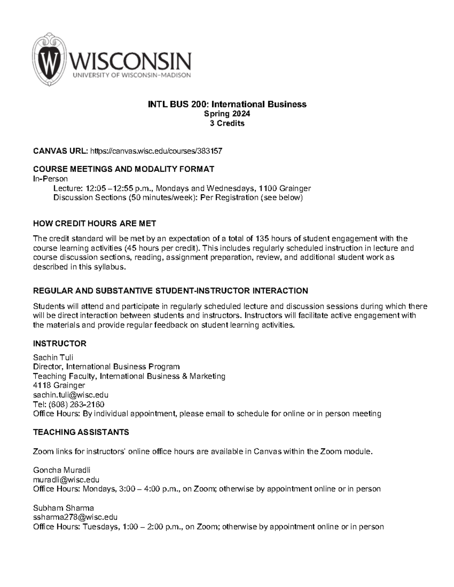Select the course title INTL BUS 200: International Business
click(227, 104)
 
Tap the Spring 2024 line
click(227, 114)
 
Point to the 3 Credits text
click(227, 123)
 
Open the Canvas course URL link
click(156, 151)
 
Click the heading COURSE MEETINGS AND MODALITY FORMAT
click(124, 169)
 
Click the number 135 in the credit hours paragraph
click(262, 239)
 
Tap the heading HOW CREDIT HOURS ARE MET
click(95, 223)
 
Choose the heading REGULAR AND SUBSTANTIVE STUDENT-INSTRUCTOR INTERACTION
click(171, 291)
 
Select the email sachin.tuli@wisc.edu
click(71, 395)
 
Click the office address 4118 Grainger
click(59, 386)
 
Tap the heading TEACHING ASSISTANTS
click(81, 432)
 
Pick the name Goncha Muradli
click(62, 470)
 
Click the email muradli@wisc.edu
click(66, 480)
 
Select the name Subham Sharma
click(64, 508)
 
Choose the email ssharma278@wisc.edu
click(75, 517)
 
